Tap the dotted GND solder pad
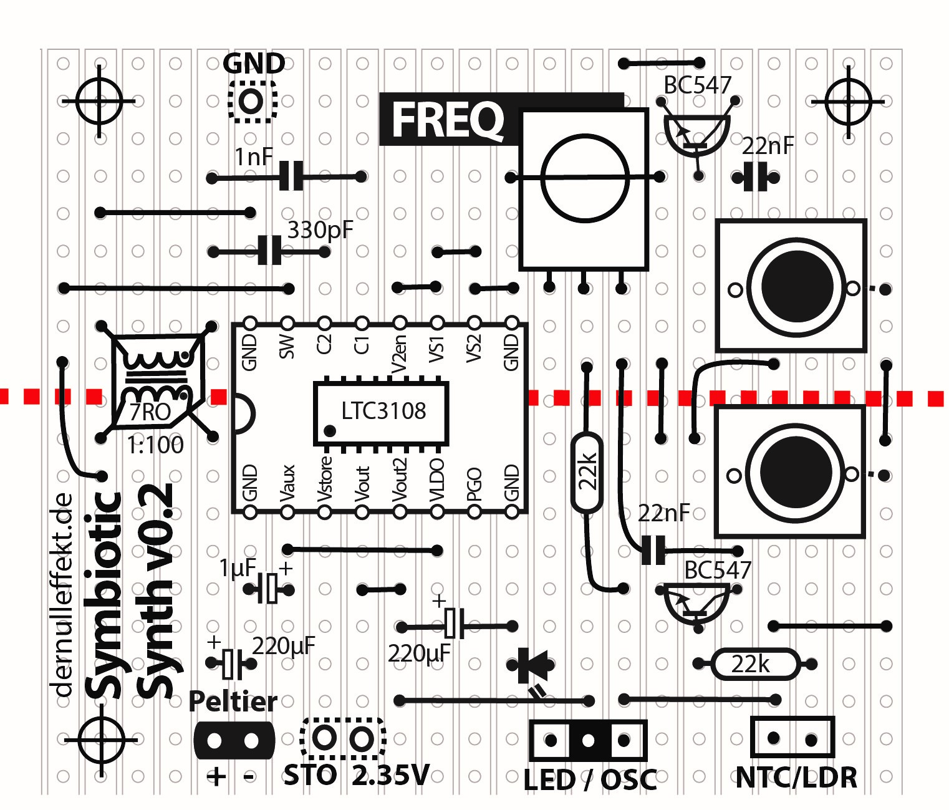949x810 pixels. coord(251,100)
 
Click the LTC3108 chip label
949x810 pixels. coord(383,411)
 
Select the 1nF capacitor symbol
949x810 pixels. coord(291,176)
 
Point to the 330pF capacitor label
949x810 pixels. coord(320,230)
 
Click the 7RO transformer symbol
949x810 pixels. coord(156,382)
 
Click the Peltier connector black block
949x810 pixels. coord(234,740)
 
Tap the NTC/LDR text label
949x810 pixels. coord(796,778)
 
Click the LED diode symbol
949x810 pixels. coord(533,665)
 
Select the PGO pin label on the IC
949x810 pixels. coord(474,485)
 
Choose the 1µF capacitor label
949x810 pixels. coord(237,568)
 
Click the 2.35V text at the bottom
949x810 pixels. coord(391,775)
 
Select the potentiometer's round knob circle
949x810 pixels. coord(584,178)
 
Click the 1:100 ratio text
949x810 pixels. coord(156,445)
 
